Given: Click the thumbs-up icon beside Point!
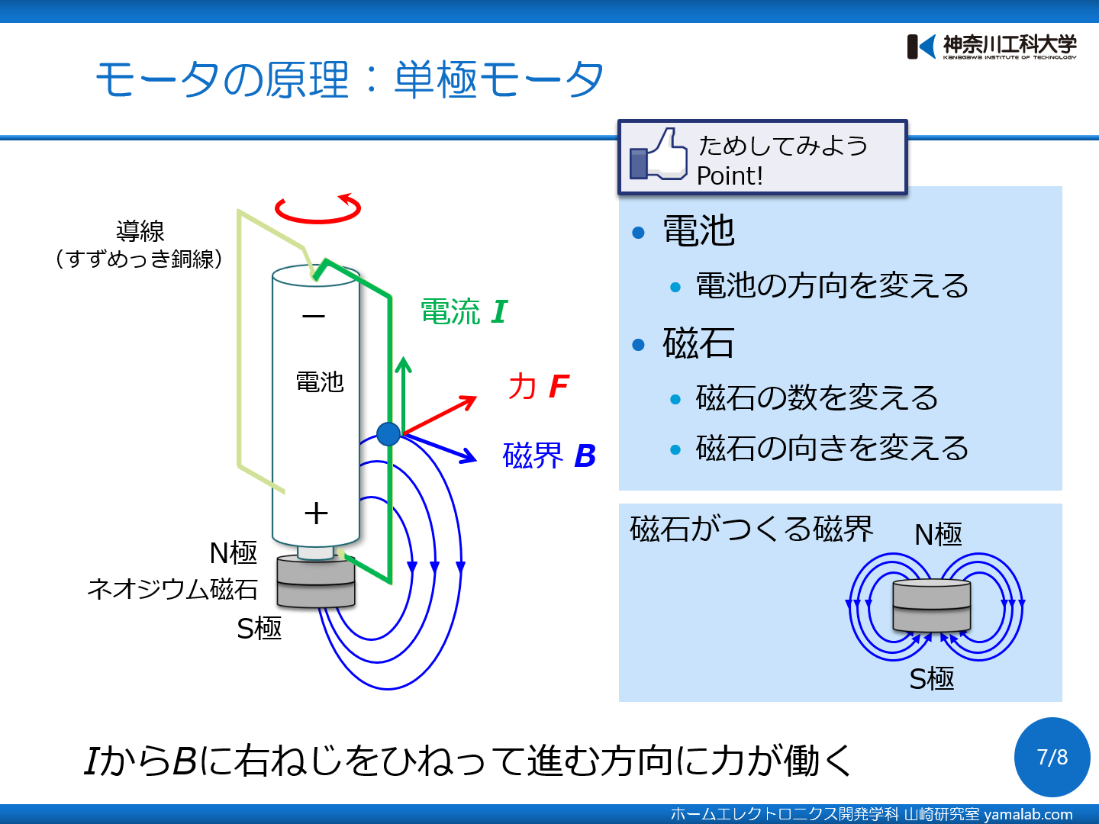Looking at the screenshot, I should click(x=658, y=155).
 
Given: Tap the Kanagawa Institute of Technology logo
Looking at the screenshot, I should click(x=991, y=47).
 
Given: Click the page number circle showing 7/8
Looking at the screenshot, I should click(x=1052, y=757).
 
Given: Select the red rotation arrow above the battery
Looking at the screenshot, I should click(x=317, y=209).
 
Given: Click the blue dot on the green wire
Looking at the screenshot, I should click(x=388, y=434).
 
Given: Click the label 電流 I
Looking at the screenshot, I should click(x=463, y=312).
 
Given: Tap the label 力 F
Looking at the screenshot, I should click(x=538, y=386).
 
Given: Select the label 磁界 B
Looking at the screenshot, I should click(x=549, y=455).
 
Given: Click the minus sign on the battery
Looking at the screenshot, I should click(x=314, y=316).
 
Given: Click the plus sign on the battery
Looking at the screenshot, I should click(x=315, y=513).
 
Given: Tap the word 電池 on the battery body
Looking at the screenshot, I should click(x=320, y=381).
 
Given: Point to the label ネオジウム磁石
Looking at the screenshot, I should click(x=172, y=589).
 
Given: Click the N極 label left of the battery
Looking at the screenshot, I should click(x=234, y=552).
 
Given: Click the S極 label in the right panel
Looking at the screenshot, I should click(x=932, y=678).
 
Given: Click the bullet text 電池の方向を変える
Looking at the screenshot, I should click(x=832, y=286).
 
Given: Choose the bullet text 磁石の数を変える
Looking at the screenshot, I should click(x=817, y=398).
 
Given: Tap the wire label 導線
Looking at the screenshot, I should click(x=140, y=230).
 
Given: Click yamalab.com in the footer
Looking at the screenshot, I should click(x=1028, y=814).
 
